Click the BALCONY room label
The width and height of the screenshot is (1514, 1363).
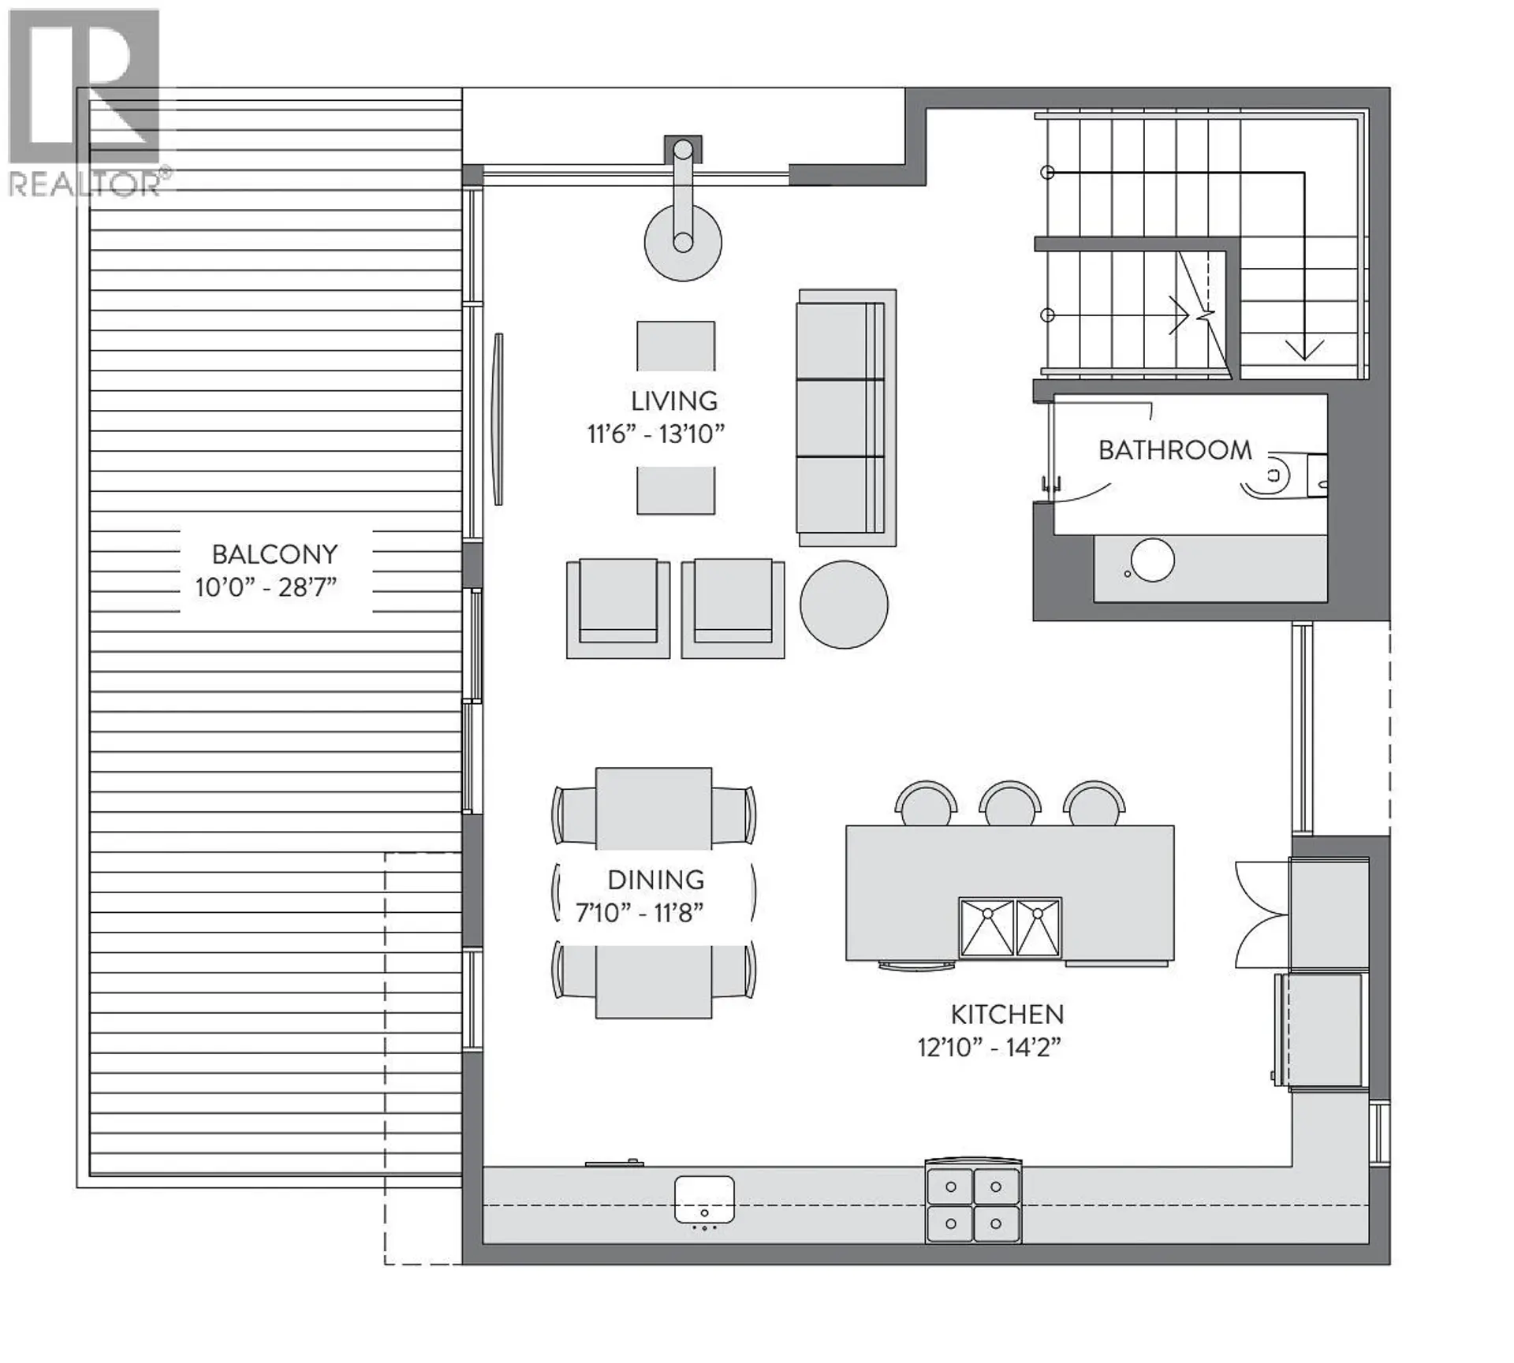click(274, 554)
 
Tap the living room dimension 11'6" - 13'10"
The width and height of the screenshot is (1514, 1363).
click(655, 434)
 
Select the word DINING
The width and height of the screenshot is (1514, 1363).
click(655, 880)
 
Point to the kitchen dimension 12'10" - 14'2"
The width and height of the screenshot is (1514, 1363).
click(989, 1048)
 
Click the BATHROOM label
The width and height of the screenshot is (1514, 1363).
click(1174, 450)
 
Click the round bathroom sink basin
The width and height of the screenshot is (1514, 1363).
click(1152, 560)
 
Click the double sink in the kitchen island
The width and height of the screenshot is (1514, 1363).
click(1010, 929)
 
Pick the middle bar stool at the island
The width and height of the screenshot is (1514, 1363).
click(1010, 804)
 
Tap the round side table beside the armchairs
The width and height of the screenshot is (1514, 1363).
click(844, 605)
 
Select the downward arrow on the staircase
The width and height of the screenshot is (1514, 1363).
click(1304, 347)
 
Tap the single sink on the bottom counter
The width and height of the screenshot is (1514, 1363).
click(704, 1199)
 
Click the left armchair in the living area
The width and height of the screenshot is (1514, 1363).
click(617, 608)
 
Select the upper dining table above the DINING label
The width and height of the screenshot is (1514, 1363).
click(654, 808)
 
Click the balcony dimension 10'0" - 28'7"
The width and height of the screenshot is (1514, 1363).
click(266, 587)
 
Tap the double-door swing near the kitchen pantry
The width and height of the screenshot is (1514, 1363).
click(1262, 914)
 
